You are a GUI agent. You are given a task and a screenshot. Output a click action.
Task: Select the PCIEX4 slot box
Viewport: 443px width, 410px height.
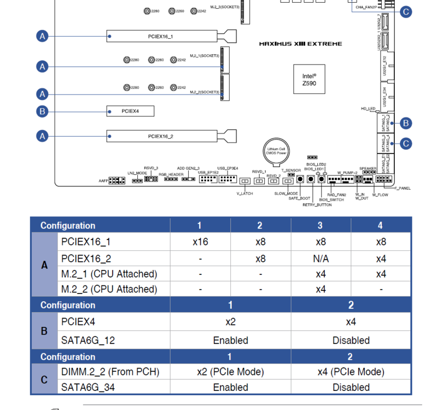tap(130, 112)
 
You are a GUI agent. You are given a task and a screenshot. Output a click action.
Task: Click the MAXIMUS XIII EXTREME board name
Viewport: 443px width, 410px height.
tap(300, 44)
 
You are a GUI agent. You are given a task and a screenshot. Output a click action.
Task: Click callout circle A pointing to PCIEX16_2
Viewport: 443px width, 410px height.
tap(42, 135)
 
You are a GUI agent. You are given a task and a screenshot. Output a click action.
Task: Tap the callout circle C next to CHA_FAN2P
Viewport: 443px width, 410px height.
tap(405, 11)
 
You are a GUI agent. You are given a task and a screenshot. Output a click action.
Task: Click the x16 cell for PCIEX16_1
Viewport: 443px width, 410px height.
tap(200, 242)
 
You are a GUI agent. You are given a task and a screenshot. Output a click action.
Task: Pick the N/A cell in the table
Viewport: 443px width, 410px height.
tap(320, 259)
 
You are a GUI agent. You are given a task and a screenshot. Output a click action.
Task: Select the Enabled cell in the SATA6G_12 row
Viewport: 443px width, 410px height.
tap(230, 340)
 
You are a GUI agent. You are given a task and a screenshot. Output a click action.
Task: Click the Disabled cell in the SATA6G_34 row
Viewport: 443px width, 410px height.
tap(351, 387)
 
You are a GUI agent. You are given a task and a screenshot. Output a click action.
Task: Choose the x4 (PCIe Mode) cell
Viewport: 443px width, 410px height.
tap(351, 372)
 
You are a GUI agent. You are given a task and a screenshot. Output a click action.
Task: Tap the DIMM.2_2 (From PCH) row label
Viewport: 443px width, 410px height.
tap(110, 372)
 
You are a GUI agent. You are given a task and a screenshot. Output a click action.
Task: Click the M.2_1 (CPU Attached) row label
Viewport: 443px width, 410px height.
tap(109, 273)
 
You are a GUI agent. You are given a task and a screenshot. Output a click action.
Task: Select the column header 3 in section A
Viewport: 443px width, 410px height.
tap(320, 225)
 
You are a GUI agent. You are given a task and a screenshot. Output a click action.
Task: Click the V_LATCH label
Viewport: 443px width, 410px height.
tap(244, 194)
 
